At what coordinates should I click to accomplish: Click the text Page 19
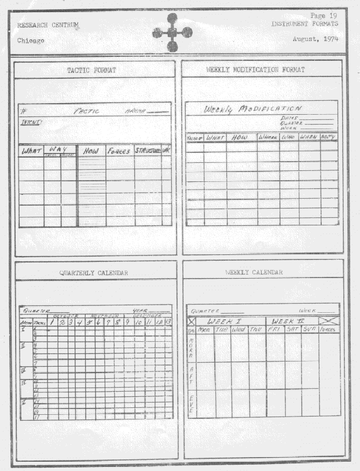324,15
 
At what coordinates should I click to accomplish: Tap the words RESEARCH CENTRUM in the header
48,25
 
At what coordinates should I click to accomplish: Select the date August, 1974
316,38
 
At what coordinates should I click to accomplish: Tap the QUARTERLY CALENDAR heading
94,272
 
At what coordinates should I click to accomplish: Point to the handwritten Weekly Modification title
252,108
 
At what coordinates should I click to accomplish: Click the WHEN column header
309,137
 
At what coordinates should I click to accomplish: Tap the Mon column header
204,330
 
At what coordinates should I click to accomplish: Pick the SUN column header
310,329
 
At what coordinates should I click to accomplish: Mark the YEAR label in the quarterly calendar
141,309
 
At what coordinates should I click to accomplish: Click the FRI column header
274,329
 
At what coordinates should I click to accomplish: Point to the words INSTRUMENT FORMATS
304,24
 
